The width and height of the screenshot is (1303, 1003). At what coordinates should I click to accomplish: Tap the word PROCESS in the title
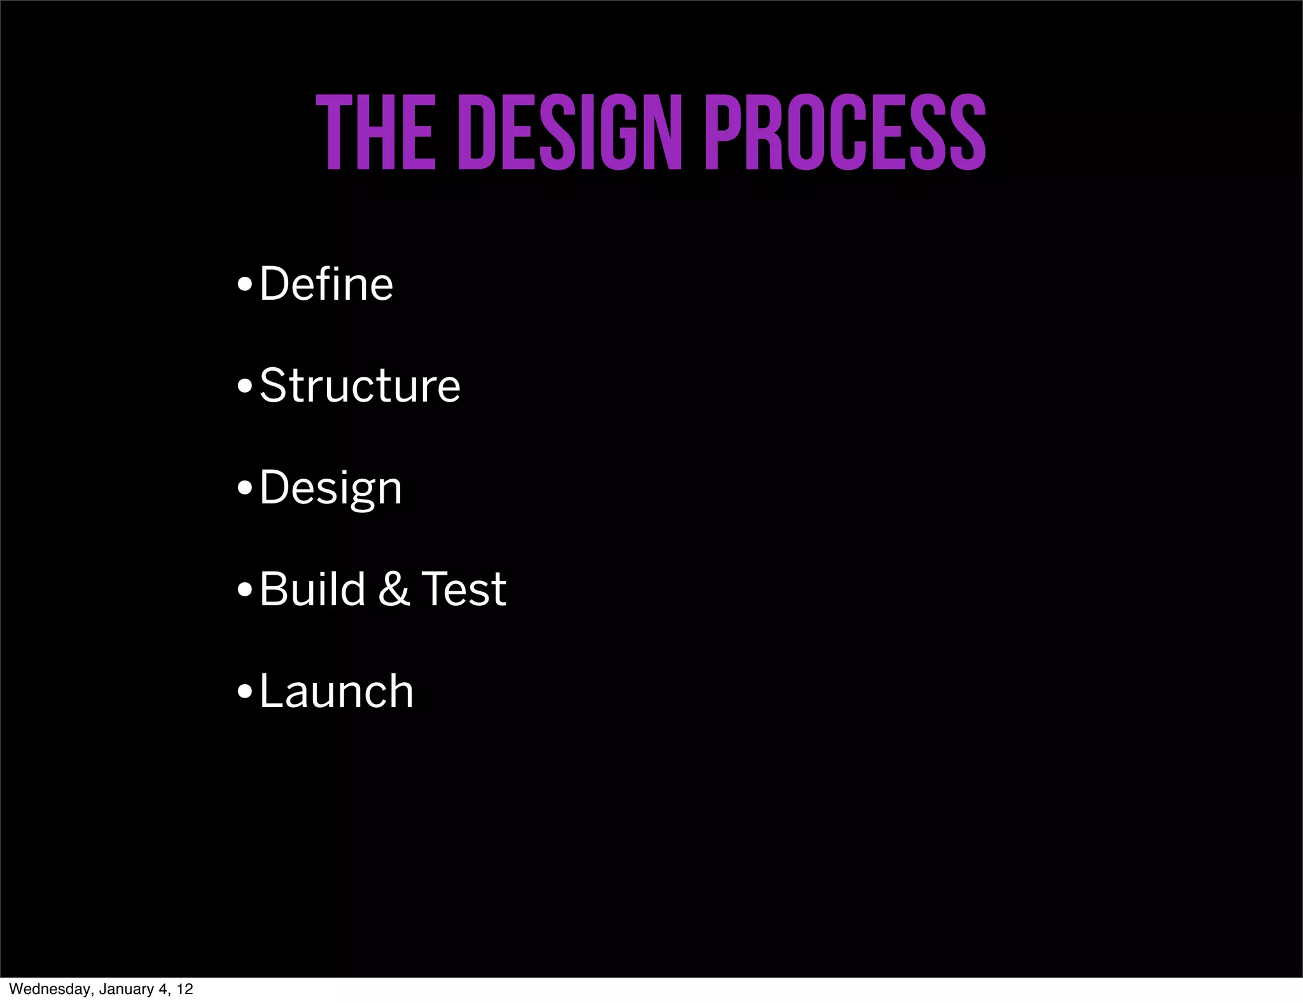click(x=846, y=133)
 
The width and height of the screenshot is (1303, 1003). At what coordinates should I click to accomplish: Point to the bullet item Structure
click(x=359, y=385)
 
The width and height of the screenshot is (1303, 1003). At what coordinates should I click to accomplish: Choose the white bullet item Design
click(x=330, y=488)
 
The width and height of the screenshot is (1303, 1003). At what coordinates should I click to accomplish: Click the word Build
click(x=312, y=589)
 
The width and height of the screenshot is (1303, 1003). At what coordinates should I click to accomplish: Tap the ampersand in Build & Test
click(x=394, y=589)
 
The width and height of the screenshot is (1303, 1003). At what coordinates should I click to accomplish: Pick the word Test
click(x=464, y=589)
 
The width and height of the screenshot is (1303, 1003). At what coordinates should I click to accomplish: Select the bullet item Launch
click(x=336, y=691)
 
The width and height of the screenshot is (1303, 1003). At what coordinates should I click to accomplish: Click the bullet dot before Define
click(x=244, y=285)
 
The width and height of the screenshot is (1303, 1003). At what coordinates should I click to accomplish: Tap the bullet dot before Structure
click(x=244, y=387)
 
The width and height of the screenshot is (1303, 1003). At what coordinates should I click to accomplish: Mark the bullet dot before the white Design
click(x=244, y=489)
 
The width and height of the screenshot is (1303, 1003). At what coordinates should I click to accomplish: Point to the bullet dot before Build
click(x=244, y=591)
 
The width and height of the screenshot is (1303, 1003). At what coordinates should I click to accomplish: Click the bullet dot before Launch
click(x=244, y=692)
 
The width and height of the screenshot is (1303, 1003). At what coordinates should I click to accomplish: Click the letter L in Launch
click(x=271, y=691)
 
